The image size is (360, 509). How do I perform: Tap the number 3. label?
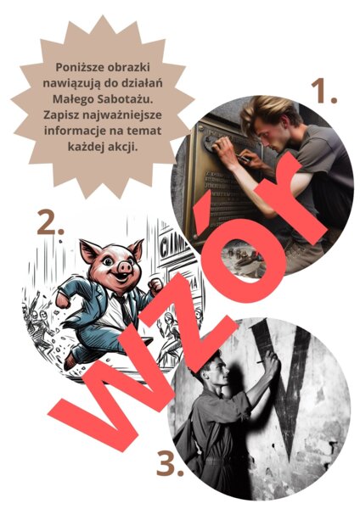170,463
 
